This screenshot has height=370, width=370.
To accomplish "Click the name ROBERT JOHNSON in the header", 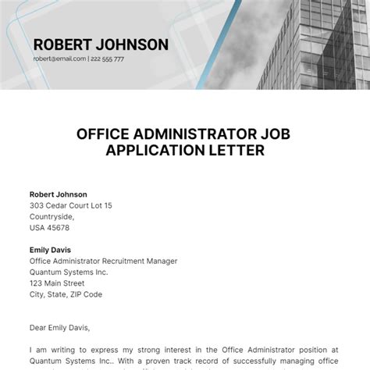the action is [101, 44].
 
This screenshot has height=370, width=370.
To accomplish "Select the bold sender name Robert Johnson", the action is [59, 194].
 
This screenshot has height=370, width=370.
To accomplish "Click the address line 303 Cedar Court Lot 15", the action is [71, 205].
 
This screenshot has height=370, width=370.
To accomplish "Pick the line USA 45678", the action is [49, 228].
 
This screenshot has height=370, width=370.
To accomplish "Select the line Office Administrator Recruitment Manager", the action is [104, 261].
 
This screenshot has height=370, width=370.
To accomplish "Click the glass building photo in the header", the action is [312, 39].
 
